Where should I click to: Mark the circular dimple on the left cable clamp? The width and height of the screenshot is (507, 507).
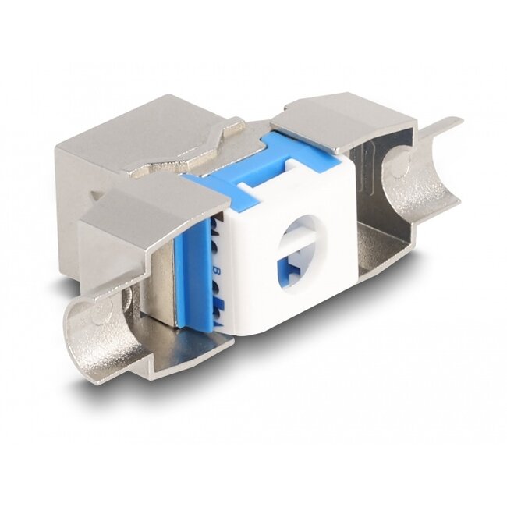point(100,313)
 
